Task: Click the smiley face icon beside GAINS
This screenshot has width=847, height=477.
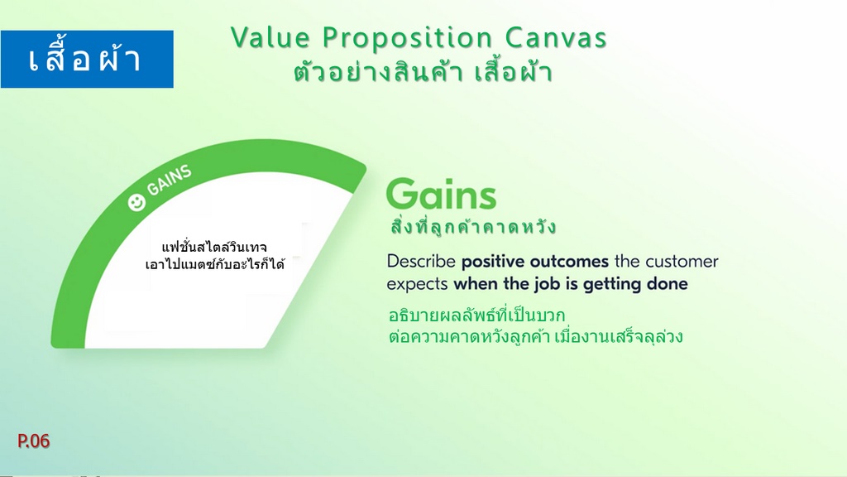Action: coord(136,203)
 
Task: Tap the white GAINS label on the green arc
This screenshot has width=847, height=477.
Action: coord(169,180)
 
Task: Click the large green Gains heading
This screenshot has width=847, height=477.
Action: coord(441,195)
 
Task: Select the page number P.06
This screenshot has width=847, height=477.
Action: coord(33,441)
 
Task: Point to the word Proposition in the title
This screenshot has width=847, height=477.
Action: coord(407,38)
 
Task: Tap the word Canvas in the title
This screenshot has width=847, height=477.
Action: coord(556,38)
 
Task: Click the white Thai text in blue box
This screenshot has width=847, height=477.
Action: coord(85,59)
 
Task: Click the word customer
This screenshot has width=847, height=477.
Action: coord(682,262)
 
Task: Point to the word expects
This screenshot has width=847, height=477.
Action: coord(417,285)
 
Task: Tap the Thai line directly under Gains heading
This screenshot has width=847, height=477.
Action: coord(473,226)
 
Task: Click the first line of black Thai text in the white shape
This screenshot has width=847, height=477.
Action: coord(214,247)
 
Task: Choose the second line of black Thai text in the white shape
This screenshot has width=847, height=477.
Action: coord(214,264)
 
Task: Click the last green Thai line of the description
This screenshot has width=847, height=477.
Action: coord(535,336)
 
